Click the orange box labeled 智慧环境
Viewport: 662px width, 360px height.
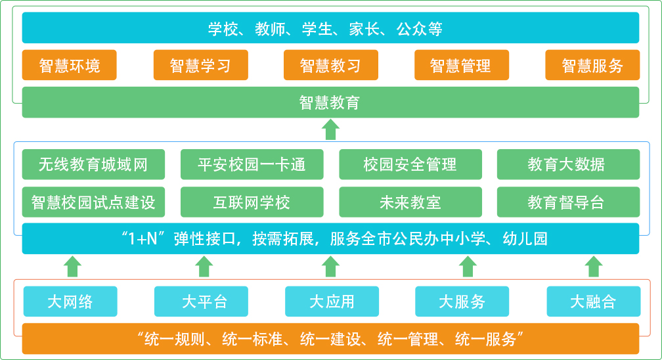coord(69,65)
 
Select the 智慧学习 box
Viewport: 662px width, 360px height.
coord(200,65)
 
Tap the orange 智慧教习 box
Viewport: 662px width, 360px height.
coord(330,65)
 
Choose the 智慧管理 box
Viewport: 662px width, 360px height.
coord(461,65)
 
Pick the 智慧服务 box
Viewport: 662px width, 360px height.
coord(592,65)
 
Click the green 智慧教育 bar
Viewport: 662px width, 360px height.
coord(330,102)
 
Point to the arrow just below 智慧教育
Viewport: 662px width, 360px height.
coord(330,129)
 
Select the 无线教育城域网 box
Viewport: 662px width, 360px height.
coord(93,164)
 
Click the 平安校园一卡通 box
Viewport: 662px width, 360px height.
coord(252,164)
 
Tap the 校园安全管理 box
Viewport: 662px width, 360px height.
coord(410,164)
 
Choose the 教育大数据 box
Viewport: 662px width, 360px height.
coord(567,164)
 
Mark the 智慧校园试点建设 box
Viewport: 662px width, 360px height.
coord(93,202)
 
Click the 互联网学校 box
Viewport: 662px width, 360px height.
coord(252,202)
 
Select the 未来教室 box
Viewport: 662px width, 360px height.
coord(410,202)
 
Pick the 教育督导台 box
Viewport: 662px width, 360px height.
coord(567,202)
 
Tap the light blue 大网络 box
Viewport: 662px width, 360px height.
coord(70,302)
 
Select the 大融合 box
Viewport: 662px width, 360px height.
coord(593,302)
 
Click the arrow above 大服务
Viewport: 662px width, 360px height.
coord(467,266)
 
